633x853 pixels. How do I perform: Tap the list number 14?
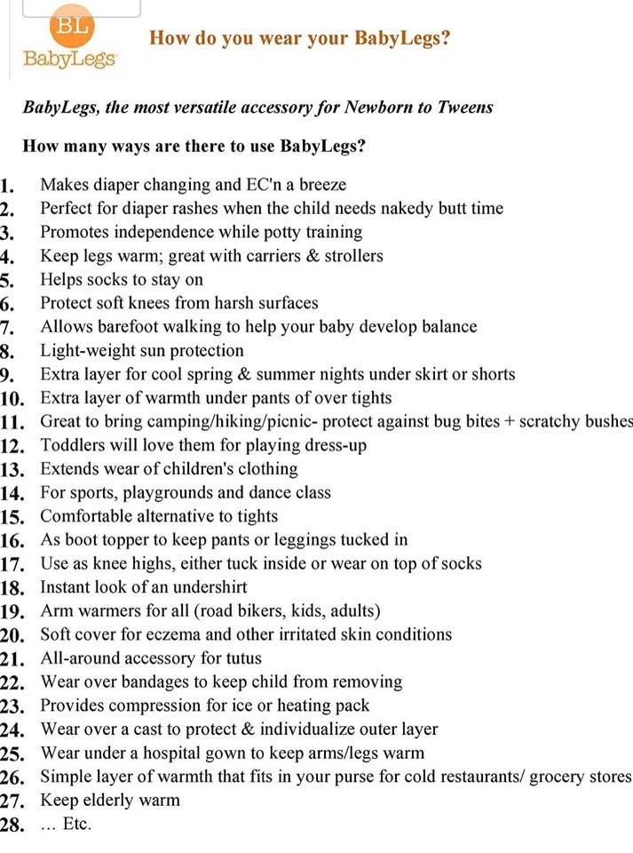[17, 493]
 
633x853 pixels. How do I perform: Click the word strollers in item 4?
[349, 256]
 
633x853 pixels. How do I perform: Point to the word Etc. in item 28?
[78, 825]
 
